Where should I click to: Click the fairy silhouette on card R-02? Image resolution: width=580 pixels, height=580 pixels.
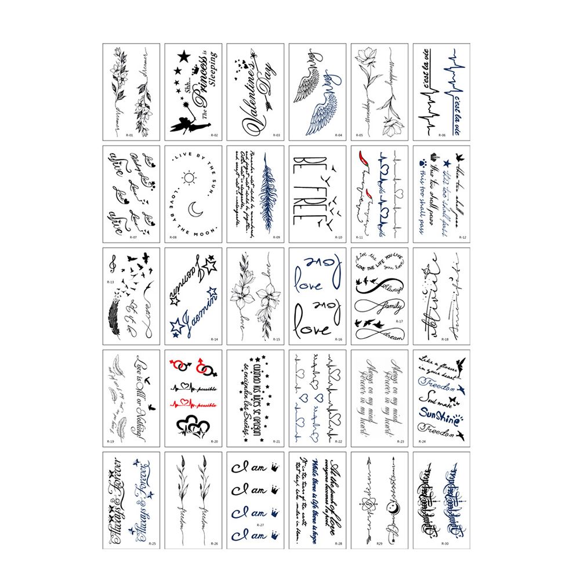179,126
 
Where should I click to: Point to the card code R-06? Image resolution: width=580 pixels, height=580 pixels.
442,135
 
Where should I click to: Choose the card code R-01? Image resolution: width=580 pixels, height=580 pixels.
129,135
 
